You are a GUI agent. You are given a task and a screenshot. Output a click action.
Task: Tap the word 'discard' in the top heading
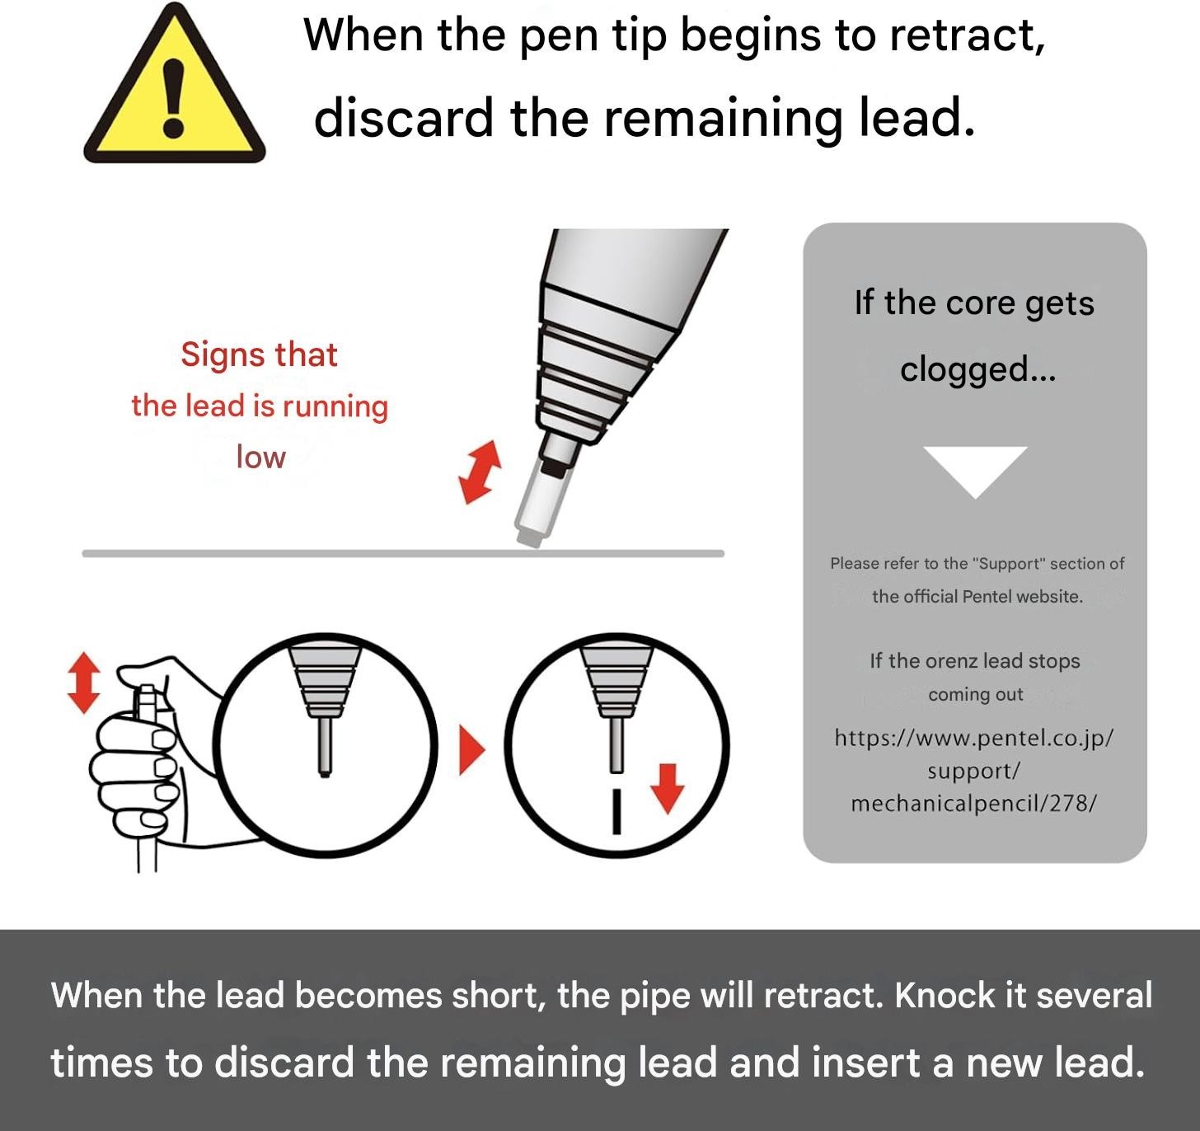pos(404,118)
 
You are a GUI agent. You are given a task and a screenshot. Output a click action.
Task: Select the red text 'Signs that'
pos(260,354)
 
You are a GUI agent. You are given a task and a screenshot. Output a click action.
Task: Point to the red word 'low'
pos(261,457)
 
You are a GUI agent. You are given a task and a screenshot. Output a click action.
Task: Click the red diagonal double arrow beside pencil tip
pos(480,472)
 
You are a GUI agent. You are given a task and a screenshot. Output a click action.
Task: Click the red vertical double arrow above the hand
pos(84,683)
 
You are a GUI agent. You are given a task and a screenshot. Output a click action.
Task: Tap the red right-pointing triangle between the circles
pos(472,750)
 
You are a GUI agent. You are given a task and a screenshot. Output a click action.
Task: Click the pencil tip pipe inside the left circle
pos(325,747)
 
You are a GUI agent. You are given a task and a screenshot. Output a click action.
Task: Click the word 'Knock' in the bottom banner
pos(945,996)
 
